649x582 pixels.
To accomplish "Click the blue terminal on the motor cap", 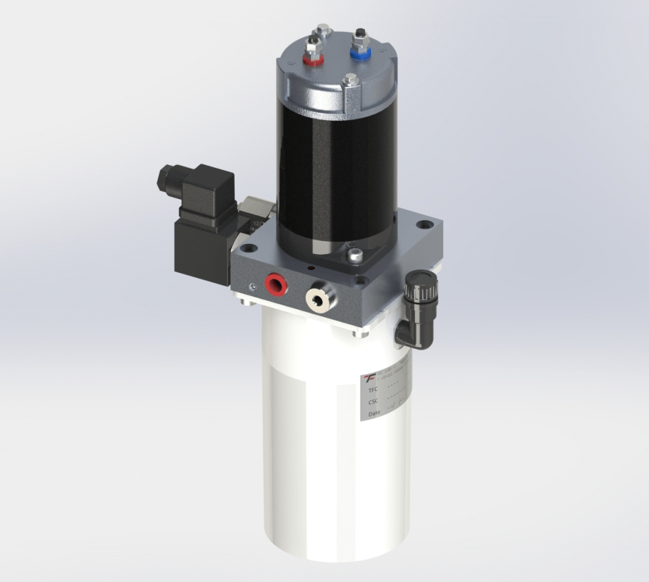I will tap(359, 51).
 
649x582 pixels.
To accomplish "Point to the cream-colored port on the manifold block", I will tap(316, 296).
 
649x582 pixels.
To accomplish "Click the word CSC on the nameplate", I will tap(374, 402).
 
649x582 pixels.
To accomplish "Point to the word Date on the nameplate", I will tap(374, 414).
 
